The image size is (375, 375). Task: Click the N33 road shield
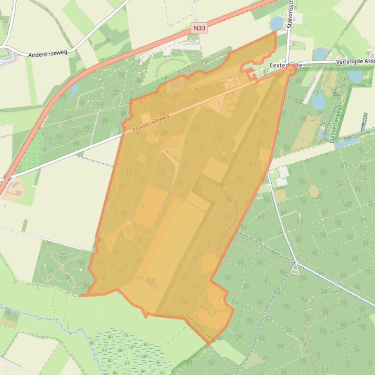198,28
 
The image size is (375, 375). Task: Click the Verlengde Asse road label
355,62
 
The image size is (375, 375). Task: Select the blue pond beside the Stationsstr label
277,23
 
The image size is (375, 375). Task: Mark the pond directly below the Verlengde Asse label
355,75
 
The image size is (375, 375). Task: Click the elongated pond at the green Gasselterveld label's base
346,142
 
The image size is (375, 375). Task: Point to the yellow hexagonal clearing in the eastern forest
314,191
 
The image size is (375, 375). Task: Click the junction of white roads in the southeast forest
295,263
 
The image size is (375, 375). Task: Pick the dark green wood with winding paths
63,265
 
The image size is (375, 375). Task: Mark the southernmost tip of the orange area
210,344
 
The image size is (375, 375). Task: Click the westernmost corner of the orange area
80,296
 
